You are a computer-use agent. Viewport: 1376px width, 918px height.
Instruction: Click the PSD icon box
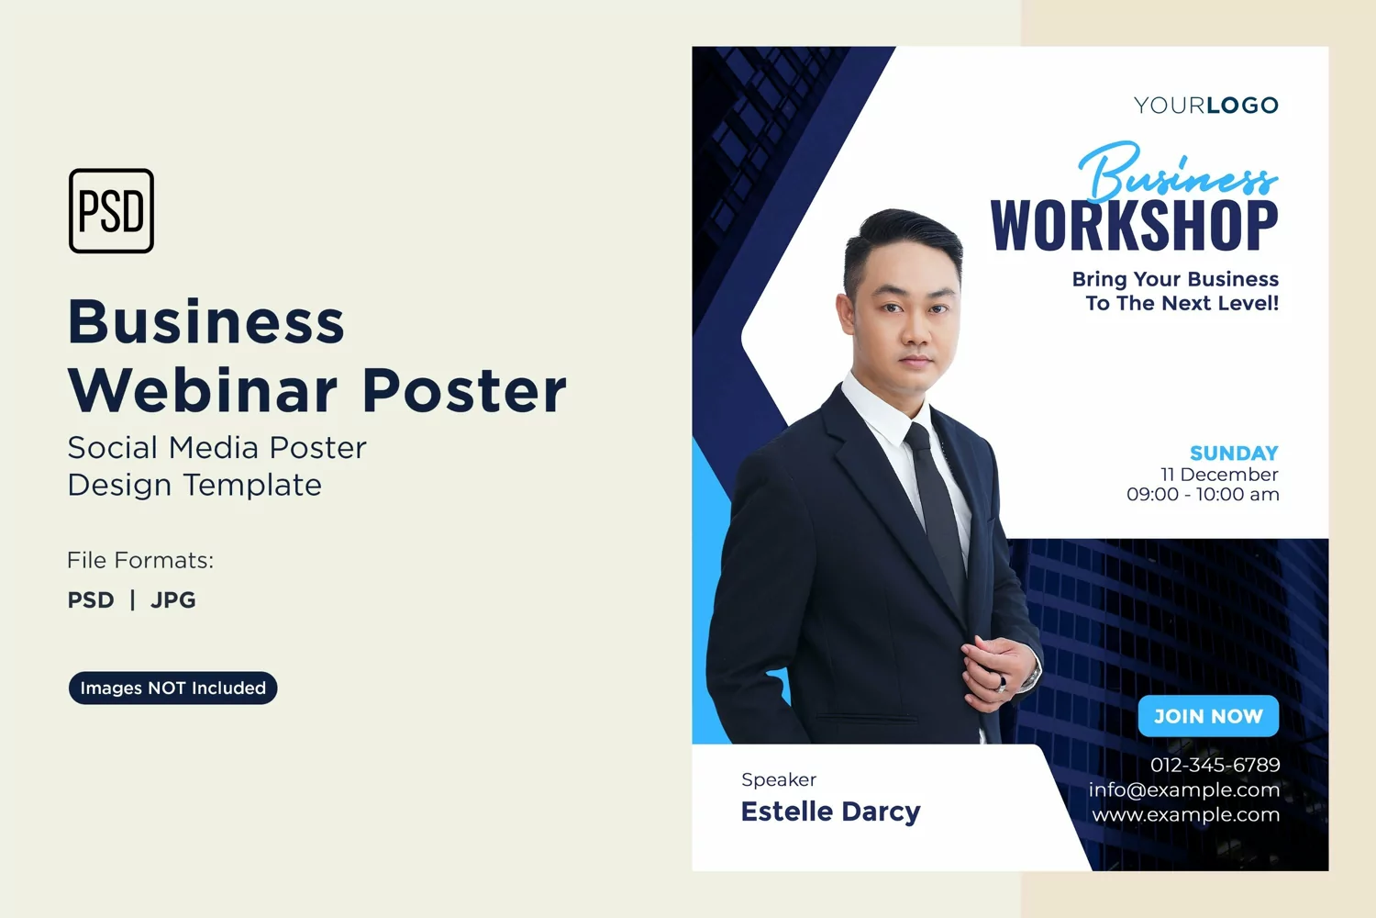coord(111,211)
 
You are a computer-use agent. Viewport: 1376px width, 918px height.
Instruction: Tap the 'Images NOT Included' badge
coord(172,688)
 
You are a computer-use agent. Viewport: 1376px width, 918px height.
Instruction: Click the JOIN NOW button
coord(1208,716)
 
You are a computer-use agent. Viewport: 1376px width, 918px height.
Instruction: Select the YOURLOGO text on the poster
coord(1206,106)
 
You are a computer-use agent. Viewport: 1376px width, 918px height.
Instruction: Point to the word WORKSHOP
coord(1135,226)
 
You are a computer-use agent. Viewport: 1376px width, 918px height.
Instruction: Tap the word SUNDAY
coord(1234,453)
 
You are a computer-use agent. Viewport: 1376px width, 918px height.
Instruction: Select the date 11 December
coord(1219,474)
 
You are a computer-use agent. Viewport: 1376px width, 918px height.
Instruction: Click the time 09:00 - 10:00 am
coord(1203,495)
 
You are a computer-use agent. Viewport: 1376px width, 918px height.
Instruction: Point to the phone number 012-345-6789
coord(1215,765)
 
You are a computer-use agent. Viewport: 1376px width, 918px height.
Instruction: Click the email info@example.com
coord(1183,789)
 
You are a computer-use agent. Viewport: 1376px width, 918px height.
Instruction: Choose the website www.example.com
coord(1185,814)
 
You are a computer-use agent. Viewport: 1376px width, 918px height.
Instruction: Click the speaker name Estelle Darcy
coord(830,812)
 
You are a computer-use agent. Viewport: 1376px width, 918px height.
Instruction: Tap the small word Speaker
coord(778,779)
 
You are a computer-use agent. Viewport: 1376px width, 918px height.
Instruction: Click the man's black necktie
coord(937,510)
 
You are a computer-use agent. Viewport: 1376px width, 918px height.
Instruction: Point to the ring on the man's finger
coord(1003,682)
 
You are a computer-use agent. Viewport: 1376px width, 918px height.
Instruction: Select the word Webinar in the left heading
coord(202,390)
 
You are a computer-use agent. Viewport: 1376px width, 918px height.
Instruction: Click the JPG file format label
coord(173,600)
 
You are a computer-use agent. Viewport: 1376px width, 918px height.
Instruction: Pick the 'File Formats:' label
coord(140,560)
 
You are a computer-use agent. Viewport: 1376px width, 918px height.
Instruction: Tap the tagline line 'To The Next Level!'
coord(1182,303)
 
